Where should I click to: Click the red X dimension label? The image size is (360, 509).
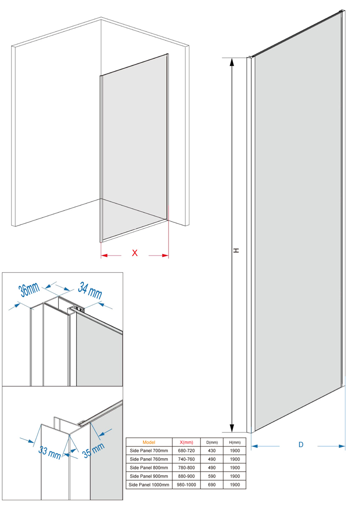[135, 253]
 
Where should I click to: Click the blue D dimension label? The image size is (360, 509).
[301, 445]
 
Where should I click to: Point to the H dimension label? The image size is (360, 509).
[237, 250]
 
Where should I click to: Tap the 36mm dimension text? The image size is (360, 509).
[29, 290]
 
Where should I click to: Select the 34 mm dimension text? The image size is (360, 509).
[90, 290]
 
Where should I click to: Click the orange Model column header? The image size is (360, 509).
[149, 442]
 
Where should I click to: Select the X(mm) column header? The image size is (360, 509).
[186, 442]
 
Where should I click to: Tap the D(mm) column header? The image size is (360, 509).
[212, 442]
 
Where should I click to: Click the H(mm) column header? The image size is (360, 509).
[234, 442]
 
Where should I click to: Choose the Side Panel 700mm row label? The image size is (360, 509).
[149, 450]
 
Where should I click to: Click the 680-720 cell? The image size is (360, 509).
[186, 450]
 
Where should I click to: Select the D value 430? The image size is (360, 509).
[212, 450]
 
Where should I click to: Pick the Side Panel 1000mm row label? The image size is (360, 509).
[149, 485]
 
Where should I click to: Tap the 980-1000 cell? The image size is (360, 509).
[186, 485]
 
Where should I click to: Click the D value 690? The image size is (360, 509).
[212, 485]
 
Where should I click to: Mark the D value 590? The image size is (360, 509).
[212, 476]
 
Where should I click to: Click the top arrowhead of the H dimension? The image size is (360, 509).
[232, 62]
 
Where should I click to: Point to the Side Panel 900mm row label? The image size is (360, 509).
[149, 476]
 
